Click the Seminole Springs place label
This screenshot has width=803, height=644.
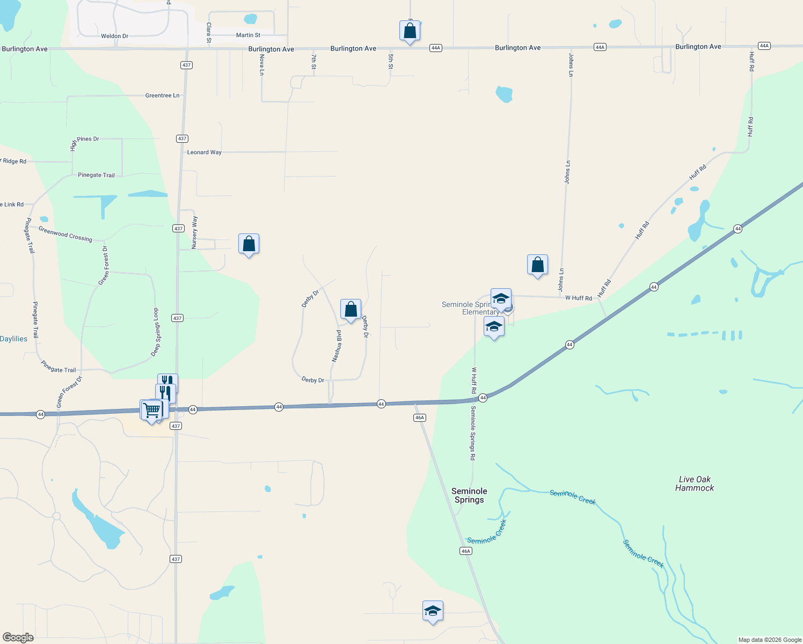(x=469, y=495)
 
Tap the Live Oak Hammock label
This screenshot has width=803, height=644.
(x=695, y=484)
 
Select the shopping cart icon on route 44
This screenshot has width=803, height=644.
(x=151, y=410)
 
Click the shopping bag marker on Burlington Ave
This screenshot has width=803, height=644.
(x=410, y=31)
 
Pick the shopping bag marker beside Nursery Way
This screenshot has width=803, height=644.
(x=249, y=244)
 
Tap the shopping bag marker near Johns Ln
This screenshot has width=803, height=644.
(x=537, y=265)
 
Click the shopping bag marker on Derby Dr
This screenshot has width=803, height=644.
(x=351, y=310)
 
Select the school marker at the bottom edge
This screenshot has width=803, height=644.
(x=433, y=611)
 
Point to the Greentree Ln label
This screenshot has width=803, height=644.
(x=162, y=96)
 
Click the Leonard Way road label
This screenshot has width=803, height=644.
(x=204, y=152)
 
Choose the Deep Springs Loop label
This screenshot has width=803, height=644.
(x=155, y=332)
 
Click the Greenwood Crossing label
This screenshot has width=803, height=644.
(x=65, y=234)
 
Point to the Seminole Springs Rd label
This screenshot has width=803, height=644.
(x=473, y=433)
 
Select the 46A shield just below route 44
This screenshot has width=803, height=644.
(x=419, y=418)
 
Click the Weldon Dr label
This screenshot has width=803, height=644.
(x=114, y=36)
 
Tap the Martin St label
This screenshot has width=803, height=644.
(x=248, y=35)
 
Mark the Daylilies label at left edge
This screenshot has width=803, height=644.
(x=13, y=339)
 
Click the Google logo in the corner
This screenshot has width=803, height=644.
(x=18, y=638)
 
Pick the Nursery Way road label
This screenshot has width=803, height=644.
(x=195, y=232)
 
